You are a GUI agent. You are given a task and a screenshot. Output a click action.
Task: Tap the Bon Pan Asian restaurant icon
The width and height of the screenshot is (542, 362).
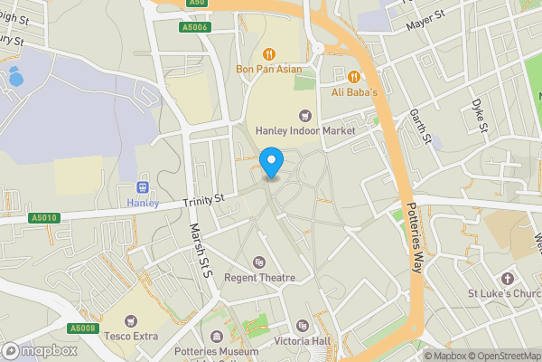pos(269,52)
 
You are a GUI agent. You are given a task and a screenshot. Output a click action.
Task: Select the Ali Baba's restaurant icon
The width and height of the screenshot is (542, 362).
pos(355,76)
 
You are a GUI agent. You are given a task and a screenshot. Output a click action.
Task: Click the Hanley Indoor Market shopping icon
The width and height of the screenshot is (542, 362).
pos(304,114)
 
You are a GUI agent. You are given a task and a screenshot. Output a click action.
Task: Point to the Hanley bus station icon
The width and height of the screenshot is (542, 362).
pos(142,186)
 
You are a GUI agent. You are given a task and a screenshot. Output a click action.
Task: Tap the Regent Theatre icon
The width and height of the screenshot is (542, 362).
pos(260,262)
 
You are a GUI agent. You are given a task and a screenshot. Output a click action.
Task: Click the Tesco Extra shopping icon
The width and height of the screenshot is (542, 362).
pos(131,320)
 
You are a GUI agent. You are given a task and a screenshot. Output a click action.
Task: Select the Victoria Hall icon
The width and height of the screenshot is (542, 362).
pos(303,326)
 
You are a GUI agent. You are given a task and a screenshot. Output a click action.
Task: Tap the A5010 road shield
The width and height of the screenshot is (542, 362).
pos(43,218)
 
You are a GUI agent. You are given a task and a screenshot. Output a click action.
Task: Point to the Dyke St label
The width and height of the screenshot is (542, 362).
pos(478,115)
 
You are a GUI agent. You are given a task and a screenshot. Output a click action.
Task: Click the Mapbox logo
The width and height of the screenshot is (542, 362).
pos(39,350)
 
